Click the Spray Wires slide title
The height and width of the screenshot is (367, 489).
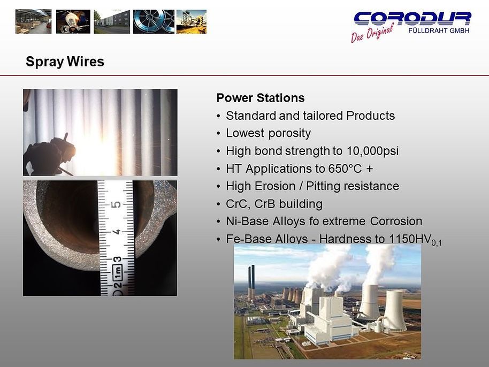(65, 62)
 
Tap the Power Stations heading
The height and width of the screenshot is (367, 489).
(260, 98)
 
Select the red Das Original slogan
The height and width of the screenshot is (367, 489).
(372, 34)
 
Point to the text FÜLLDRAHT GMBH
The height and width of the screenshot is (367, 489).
(439, 30)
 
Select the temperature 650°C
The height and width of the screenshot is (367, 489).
(343, 169)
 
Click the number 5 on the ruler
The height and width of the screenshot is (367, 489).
(115, 205)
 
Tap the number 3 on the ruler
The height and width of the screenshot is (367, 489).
(115, 259)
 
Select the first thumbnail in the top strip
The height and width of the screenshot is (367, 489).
(33, 21)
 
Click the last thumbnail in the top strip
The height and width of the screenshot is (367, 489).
(191, 21)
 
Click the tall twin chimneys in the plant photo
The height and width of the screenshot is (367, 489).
(251, 281)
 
